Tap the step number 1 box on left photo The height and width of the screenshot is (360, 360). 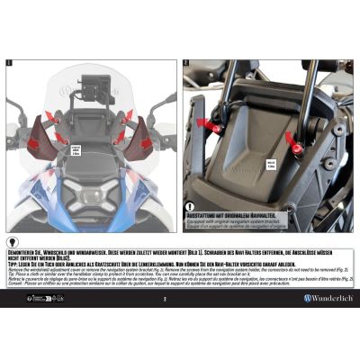9,63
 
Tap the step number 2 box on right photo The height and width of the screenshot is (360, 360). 186,63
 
